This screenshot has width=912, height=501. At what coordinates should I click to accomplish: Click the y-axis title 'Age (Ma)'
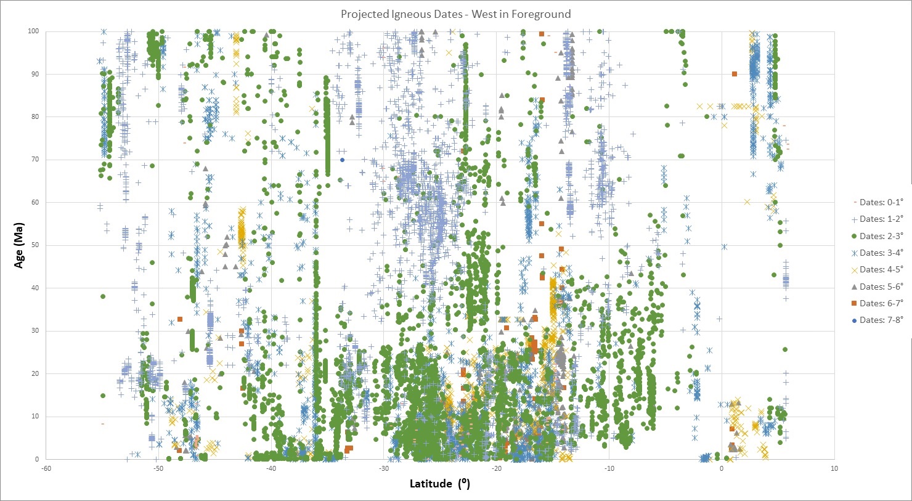pyautogui.click(x=20, y=245)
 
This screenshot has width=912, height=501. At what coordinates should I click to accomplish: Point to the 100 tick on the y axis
pyautogui.click(x=33, y=31)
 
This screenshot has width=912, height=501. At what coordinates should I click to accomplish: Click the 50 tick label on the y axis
pyautogui.click(x=35, y=245)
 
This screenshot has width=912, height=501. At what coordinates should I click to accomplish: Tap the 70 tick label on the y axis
pyautogui.click(x=35, y=160)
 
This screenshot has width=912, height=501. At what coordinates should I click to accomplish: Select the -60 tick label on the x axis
pyautogui.click(x=45, y=468)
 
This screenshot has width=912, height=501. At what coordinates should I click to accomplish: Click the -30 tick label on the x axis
pyautogui.click(x=383, y=468)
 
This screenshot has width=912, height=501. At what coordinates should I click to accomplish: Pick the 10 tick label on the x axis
pyautogui.click(x=834, y=468)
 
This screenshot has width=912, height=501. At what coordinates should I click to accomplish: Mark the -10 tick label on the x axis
pyautogui.click(x=609, y=468)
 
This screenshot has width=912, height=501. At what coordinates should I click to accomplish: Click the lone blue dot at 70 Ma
pyautogui.click(x=343, y=160)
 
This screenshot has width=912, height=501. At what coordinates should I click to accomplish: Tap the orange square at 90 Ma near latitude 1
pyautogui.click(x=735, y=74)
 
